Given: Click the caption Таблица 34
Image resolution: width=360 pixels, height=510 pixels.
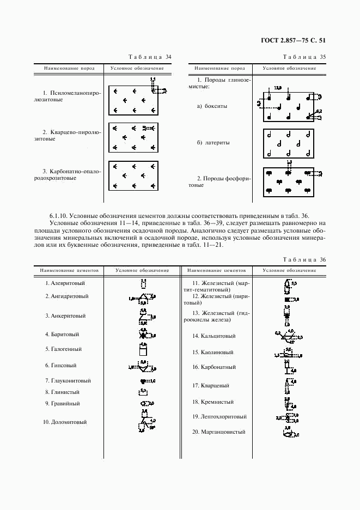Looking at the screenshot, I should tap(150, 57).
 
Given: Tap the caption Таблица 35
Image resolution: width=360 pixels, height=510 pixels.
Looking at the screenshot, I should tap(304, 57).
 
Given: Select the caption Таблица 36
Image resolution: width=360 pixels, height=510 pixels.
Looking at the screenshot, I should tap(304, 259).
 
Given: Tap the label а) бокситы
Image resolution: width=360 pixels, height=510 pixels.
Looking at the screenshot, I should tap(212, 106).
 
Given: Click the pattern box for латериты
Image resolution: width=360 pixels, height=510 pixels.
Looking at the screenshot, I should tap(288, 142).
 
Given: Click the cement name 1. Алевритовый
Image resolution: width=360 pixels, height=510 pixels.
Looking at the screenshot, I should tap(65, 283).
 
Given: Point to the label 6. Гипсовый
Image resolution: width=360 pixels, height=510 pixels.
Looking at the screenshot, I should tap(60, 365).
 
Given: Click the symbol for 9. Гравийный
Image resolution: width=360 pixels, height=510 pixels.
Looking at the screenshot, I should tap(145, 403).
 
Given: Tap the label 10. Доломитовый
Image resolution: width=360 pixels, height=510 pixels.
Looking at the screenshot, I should tap(65, 422).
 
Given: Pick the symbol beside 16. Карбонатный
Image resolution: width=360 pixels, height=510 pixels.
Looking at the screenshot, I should tap(288, 367).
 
